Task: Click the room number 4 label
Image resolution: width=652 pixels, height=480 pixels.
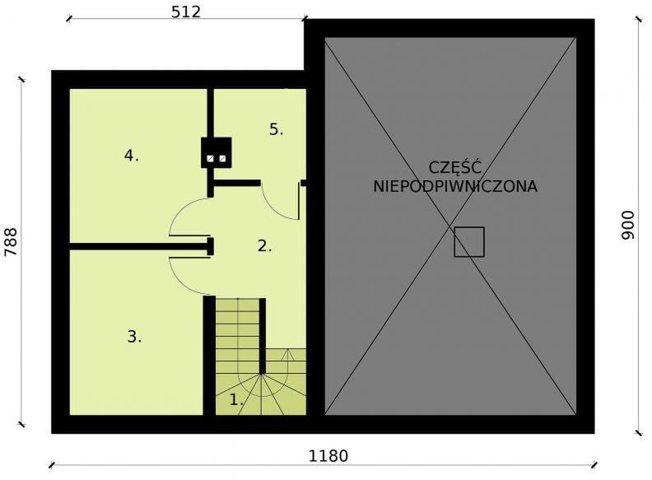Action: coord(131,155)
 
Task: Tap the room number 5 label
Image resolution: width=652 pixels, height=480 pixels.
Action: coord(277,129)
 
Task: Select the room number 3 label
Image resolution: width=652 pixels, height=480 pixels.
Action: coord(134,336)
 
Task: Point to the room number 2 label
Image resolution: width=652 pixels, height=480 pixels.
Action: coord(264,245)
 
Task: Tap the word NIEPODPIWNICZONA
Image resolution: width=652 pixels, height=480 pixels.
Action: coord(454,186)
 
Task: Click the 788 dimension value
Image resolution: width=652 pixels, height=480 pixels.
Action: coord(11,243)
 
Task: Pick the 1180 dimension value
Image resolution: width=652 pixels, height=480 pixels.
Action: coord(328,456)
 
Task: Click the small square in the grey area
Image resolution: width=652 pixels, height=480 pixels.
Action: coord(469,242)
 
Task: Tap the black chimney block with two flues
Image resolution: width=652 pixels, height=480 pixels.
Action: coord(217,153)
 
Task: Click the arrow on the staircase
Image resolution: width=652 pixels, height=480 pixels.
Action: coord(288,356)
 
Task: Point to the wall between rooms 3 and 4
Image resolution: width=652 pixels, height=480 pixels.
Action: coord(136,246)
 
